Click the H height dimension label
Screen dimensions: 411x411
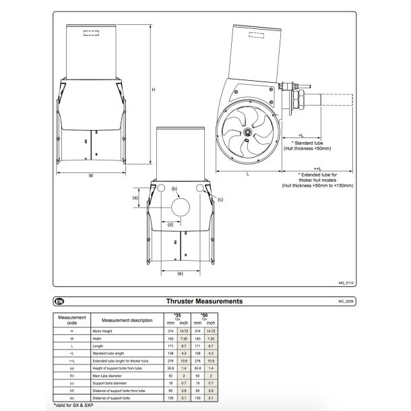153,89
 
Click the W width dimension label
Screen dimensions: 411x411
90,177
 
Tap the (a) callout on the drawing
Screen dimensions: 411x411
135,198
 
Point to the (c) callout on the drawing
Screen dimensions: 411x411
220,200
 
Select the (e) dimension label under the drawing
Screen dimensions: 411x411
180,273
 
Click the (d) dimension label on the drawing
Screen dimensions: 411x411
170,224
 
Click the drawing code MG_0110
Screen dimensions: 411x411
346,284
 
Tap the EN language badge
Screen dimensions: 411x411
59,301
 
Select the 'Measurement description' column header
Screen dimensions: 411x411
127,320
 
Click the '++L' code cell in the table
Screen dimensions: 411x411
71,360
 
